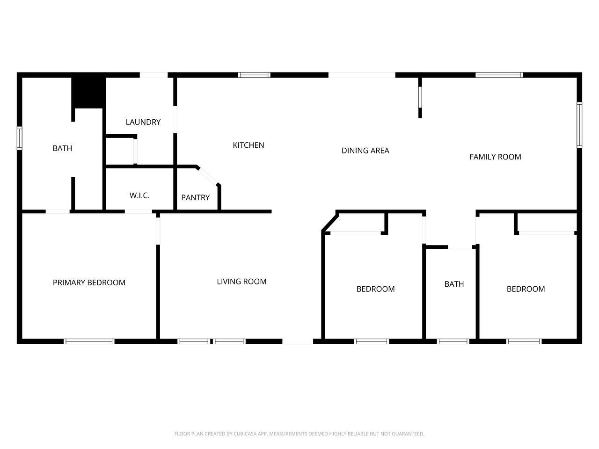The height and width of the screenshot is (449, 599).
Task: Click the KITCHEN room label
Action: click(248, 145)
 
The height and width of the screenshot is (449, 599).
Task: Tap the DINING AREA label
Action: click(365, 151)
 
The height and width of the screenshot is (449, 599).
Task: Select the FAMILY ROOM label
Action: click(495, 157)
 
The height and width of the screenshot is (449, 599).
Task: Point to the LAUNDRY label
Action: click(143, 122)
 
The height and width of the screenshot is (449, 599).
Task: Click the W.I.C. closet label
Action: click(139, 196)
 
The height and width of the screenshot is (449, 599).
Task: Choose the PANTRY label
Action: click(195, 197)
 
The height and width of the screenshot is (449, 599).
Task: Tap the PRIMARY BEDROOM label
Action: click(89, 282)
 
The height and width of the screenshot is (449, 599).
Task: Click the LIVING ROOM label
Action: click(241, 282)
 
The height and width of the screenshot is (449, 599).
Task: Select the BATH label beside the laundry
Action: click(62, 148)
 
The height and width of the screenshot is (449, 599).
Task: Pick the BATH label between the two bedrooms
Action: click(454, 284)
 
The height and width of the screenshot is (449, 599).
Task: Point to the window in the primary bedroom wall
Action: click(89, 341)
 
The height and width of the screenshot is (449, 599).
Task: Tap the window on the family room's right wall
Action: click(579, 125)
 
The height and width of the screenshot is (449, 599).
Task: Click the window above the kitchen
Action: click(254, 75)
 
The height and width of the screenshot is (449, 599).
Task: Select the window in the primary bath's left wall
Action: click(20, 138)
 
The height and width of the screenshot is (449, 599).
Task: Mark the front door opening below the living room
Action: click(298, 342)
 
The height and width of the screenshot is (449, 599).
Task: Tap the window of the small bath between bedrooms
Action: click(453, 341)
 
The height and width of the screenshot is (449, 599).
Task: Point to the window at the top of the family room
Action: click(499, 75)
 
